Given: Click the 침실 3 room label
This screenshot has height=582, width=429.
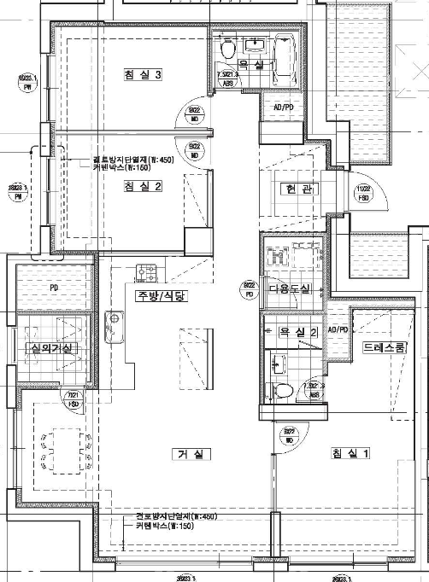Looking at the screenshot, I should coord(143,76).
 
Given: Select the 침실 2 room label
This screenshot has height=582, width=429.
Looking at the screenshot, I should coord(142,187).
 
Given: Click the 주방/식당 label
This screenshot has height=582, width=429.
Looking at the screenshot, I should coord(160,296).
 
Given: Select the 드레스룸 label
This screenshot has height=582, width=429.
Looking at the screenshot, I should coord(384,348).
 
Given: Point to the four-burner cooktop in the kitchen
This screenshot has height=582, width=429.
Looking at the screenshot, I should coord(147,273).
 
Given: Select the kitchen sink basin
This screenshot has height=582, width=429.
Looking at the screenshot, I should coord(111,321).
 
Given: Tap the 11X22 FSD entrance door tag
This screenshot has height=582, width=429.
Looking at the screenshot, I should coord(364,192).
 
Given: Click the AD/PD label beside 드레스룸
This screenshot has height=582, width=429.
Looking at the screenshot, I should coord(338,329).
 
